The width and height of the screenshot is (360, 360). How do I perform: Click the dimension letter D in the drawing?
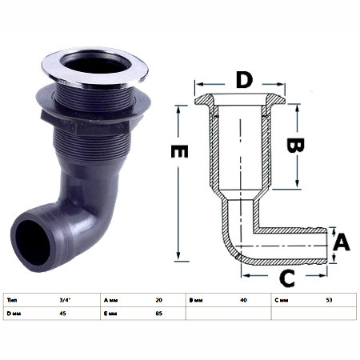pos(244,80)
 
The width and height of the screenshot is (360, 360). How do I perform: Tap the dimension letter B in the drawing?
pos(295,145)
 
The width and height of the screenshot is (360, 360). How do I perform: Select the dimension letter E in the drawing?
pos(179,151)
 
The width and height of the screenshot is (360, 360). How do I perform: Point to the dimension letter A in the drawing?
pos(342,242)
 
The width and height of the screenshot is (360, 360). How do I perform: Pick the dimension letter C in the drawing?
pos(287,278)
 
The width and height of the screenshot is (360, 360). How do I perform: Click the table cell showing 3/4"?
pos(65,300)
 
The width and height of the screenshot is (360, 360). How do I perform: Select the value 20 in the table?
pos(158,300)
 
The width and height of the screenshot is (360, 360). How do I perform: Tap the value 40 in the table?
pos(243,300)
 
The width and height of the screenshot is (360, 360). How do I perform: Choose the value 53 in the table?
pos(329,300)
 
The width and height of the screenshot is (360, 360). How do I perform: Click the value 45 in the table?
pos(62,314)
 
